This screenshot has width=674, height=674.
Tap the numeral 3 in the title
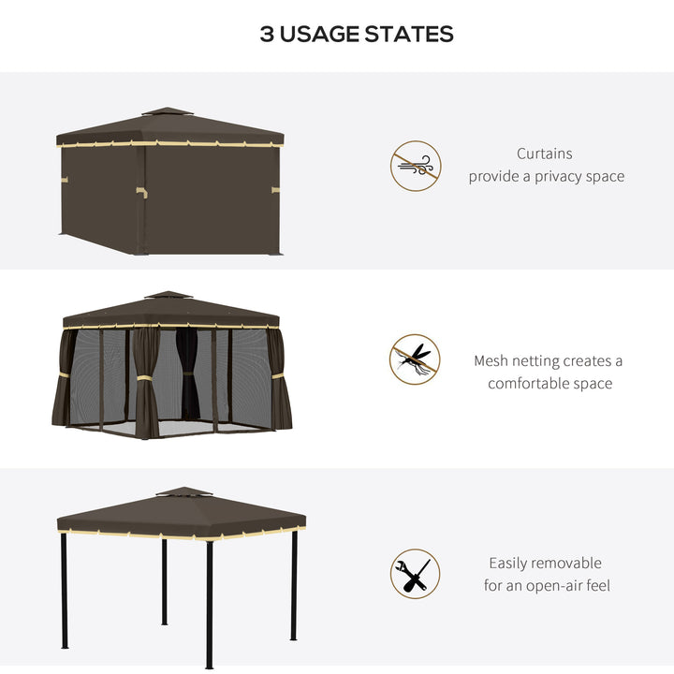pyautogui.click(x=267, y=35)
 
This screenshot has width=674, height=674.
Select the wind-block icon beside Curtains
pyautogui.click(x=415, y=167)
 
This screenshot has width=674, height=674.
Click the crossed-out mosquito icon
pyautogui.click(x=415, y=359)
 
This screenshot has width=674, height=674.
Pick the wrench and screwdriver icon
pyautogui.click(x=415, y=574)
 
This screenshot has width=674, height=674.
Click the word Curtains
pyautogui.click(x=545, y=154)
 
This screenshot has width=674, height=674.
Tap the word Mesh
pyautogui.click(x=491, y=361)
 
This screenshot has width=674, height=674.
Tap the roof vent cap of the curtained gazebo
pyautogui.click(x=167, y=111)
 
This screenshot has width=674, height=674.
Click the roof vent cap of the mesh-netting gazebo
pyautogui.click(x=169, y=296)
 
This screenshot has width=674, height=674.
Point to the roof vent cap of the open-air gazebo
pyautogui.click(x=183, y=491)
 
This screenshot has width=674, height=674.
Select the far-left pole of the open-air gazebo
pyautogui.click(x=64, y=590)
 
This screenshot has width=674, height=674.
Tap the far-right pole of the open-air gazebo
pyautogui.click(x=294, y=585)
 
